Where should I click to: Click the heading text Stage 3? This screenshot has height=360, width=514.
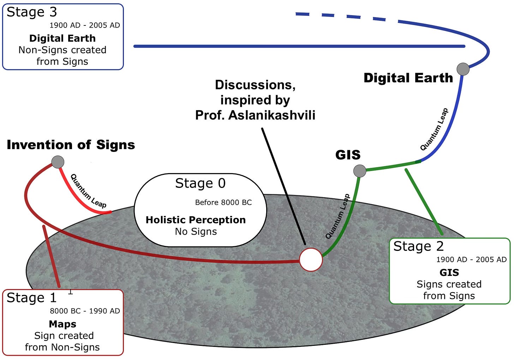pyautogui.click(x=32, y=12)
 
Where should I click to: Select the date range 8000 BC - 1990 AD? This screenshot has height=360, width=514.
pyautogui.click(x=85, y=311)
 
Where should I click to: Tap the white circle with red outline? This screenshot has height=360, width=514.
pyautogui.click(x=311, y=259)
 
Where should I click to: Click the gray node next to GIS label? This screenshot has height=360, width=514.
pyautogui.click(x=360, y=171)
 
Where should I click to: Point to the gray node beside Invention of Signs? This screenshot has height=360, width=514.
pyautogui.click(x=58, y=162)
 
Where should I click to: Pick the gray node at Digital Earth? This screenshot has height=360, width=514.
pyautogui.click(x=463, y=69)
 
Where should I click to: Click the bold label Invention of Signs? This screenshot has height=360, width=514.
pyautogui.click(x=71, y=145)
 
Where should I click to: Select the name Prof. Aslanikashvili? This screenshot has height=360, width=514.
pyautogui.click(x=255, y=115)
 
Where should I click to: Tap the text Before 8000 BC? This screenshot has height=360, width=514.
pyautogui.click(x=223, y=202)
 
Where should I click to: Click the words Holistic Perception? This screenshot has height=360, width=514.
pyautogui.click(x=196, y=220)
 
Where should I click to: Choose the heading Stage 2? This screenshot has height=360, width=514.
pyautogui.click(x=418, y=246)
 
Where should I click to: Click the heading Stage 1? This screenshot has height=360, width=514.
pyautogui.click(x=31, y=298)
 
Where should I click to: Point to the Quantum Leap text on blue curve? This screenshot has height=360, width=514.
pyautogui.click(x=434, y=129)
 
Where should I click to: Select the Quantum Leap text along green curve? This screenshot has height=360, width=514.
pyautogui.click(x=337, y=216)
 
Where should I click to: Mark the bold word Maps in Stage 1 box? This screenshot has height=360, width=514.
pyautogui.click(x=62, y=324)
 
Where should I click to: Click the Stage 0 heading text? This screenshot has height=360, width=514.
pyautogui.click(x=200, y=183)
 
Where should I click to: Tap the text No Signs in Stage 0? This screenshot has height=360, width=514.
pyautogui.click(x=196, y=232)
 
